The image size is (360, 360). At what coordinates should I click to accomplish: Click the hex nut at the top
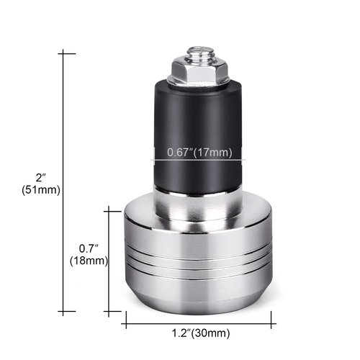point(198,70)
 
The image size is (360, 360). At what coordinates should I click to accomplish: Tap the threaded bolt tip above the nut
point(198,52)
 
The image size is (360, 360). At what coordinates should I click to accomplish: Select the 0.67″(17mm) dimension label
point(199,152)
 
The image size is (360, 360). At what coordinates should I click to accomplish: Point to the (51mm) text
point(41,190)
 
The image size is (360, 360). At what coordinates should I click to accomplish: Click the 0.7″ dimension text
point(89,248)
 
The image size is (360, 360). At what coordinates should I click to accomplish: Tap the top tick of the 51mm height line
point(67,52)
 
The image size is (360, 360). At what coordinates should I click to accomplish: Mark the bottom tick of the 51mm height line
point(67,312)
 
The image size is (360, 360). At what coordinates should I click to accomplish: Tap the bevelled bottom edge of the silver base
point(199,295)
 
